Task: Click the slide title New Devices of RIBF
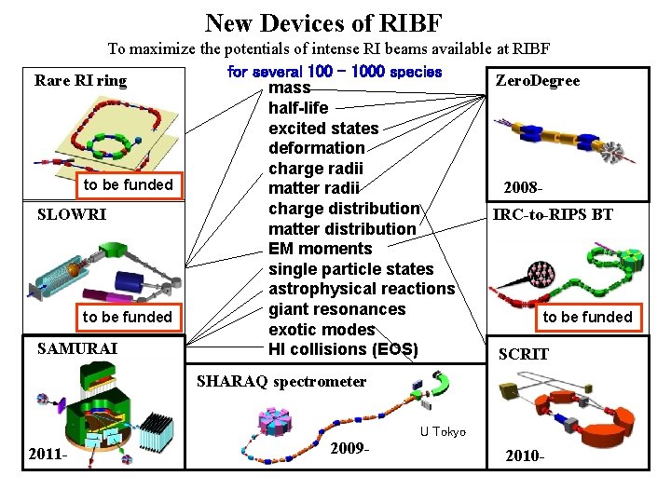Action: (x=323, y=21)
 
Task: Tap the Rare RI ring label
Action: (x=80, y=80)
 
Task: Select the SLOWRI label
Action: (x=72, y=214)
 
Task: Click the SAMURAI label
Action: (x=77, y=348)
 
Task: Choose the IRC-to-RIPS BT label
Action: (x=553, y=214)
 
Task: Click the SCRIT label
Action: (x=524, y=354)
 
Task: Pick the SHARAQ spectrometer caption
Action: (x=281, y=382)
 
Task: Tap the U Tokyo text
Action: (x=442, y=430)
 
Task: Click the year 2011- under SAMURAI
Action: (x=48, y=455)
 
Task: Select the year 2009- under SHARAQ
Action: (x=350, y=449)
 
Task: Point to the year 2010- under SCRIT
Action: (x=524, y=456)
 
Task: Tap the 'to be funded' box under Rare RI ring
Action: (x=129, y=184)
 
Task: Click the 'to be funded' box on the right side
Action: (x=587, y=317)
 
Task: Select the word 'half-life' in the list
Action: (x=298, y=108)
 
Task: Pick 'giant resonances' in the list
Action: (x=337, y=309)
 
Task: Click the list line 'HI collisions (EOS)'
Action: (x=343, y=349)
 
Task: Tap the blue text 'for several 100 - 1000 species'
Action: (x=335, y=72)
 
